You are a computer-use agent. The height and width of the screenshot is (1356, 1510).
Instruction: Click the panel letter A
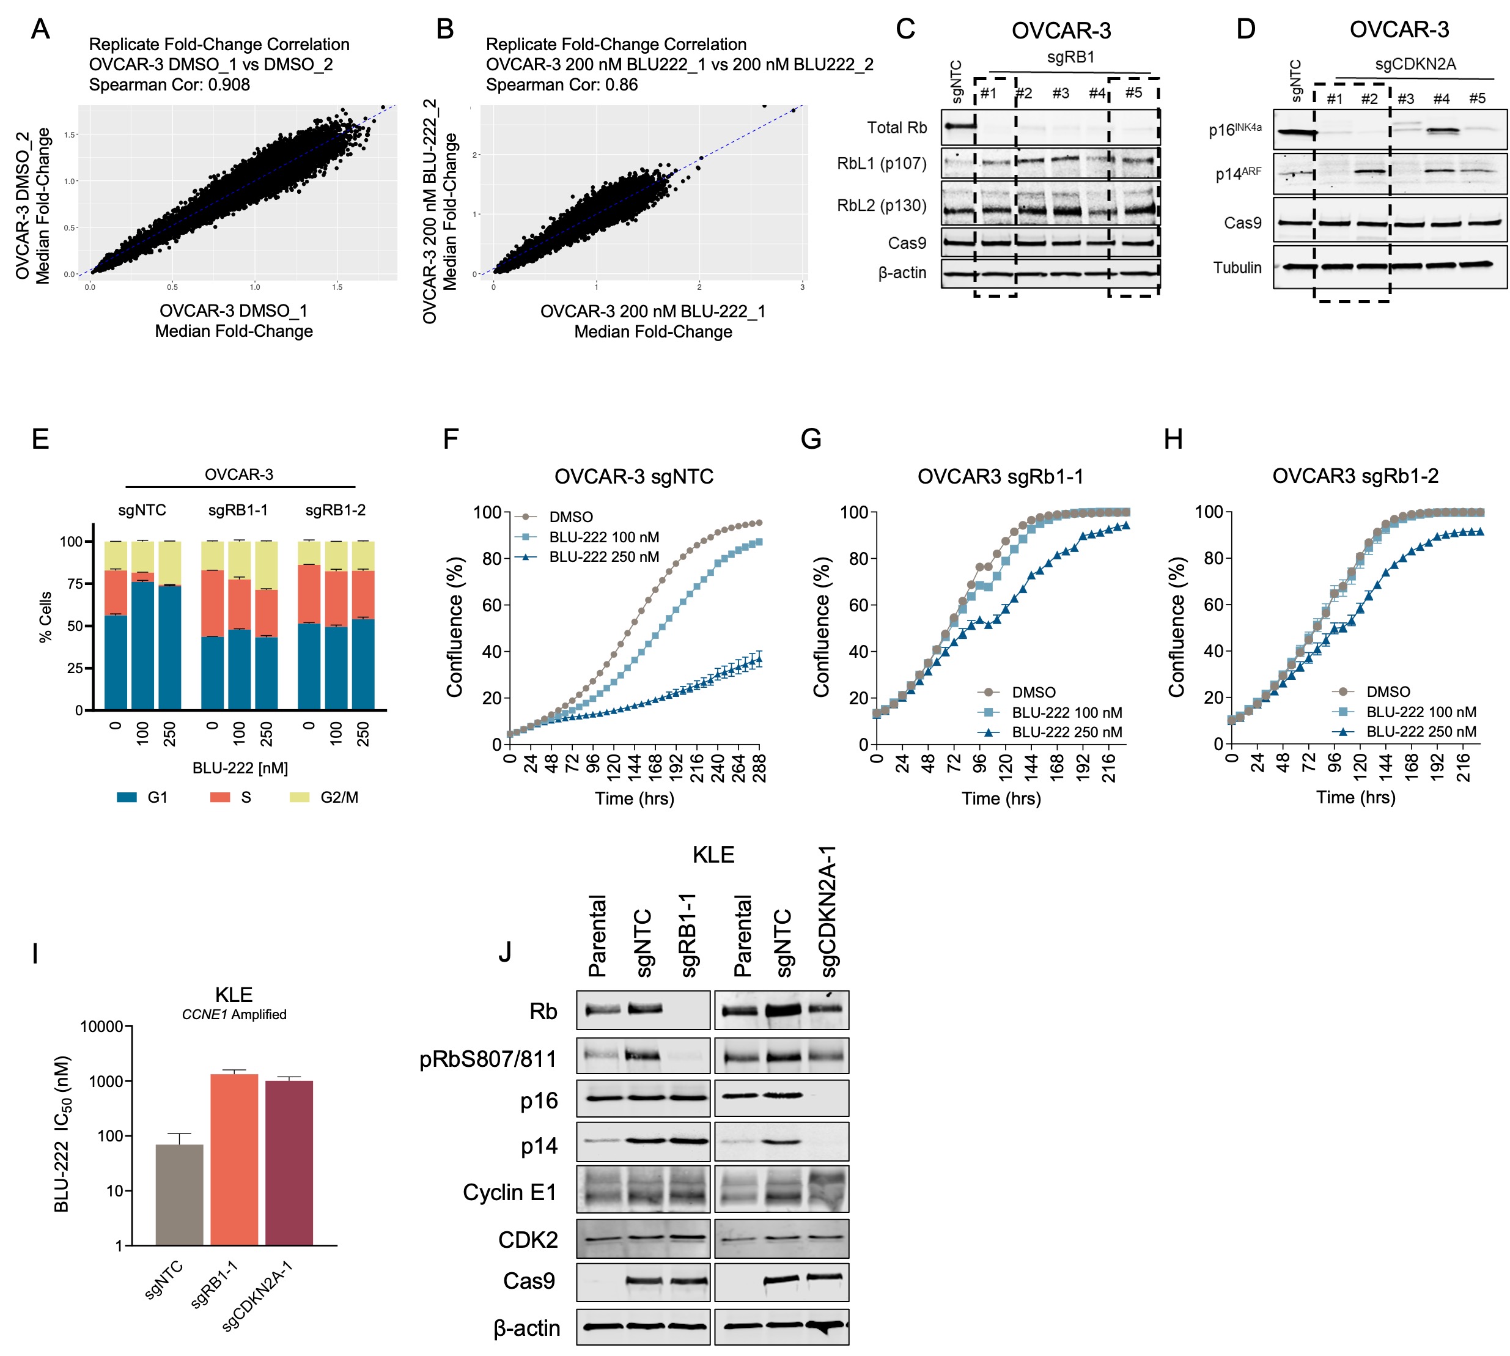pyautogui.click(x=40, y=29)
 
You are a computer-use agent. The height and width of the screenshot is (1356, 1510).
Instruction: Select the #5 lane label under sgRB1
pyautogui.click(x=1133, y=92)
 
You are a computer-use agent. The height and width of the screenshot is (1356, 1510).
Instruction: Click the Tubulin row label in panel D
pyautogui.click(x=1237, y=268)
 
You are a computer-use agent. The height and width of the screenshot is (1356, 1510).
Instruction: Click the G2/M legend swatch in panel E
pyautogui.click(x=300, y=797)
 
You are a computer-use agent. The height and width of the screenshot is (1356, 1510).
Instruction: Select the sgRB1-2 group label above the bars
pyautogui.click(x=335, y=510)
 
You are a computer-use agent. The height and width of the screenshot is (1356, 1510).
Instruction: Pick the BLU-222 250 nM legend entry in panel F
pyautogui.click(x=603, y=556)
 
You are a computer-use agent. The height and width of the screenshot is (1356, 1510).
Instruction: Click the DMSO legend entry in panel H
pyautogui.click(x=1387, y=691)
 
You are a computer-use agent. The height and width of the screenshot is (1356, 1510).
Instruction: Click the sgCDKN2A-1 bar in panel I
pyautogui.click(x=289, y=1162)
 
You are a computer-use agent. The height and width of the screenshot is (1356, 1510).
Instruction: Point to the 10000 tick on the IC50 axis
pyautogui.click(x=102, y=1026)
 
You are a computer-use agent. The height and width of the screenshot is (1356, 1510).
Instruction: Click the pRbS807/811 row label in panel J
pyautogui.click(x=488, y=1059)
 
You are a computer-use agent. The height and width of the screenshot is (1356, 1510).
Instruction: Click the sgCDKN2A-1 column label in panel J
pyautogui.click(x=828, y=912)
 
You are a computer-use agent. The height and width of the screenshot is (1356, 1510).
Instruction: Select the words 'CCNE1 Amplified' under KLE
pyautogui.click(x=234, y=1014)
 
